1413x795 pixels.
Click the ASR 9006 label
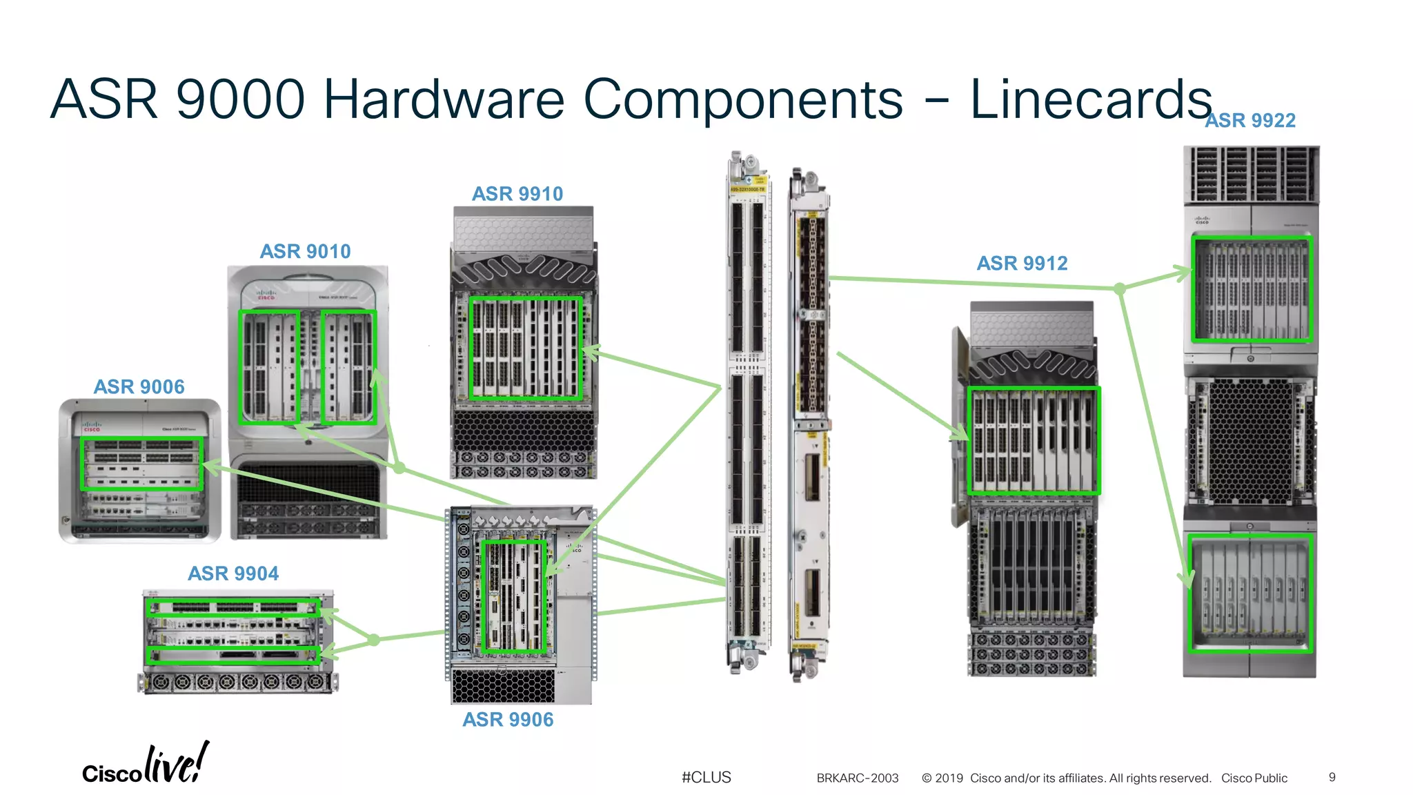[139, 386]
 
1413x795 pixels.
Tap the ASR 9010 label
[305, 251]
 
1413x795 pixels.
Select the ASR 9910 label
[517, 194]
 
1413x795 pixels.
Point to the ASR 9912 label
[1022, 263]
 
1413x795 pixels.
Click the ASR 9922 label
[1249, 121]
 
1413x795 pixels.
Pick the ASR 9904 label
[233, 573]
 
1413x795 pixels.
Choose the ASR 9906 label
[508, 720]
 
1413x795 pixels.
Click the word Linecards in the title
[1090, 99]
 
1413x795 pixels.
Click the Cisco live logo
[146, 765]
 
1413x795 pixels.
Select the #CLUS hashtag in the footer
[706, 777]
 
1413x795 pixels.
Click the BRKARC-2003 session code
[858, 778]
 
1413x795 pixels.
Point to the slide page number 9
[1332, 777]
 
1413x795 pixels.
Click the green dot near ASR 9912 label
[1120, 288]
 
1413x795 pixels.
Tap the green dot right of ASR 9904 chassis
[374, 640]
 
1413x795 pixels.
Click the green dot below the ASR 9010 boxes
[399, 468]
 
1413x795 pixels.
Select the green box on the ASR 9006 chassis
[142, 464]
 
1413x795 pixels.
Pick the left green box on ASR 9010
[269, 367]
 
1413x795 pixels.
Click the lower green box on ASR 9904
[233, 655]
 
